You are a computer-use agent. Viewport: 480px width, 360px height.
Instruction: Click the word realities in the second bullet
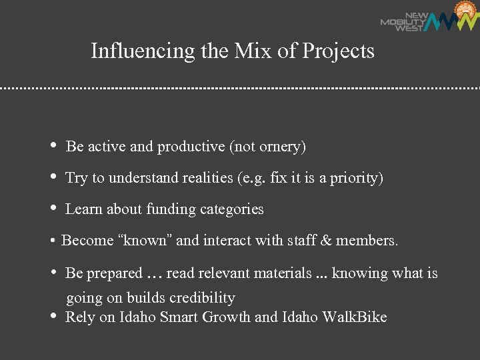201,178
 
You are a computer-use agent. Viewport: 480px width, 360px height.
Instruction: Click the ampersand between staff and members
325,241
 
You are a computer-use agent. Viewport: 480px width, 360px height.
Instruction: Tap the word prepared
114,273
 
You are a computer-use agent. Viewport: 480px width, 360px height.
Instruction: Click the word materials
279,273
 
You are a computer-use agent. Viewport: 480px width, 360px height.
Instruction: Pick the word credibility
202,298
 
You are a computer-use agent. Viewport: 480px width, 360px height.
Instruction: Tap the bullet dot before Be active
53,146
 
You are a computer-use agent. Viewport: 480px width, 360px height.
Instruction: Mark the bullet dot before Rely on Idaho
53,316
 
